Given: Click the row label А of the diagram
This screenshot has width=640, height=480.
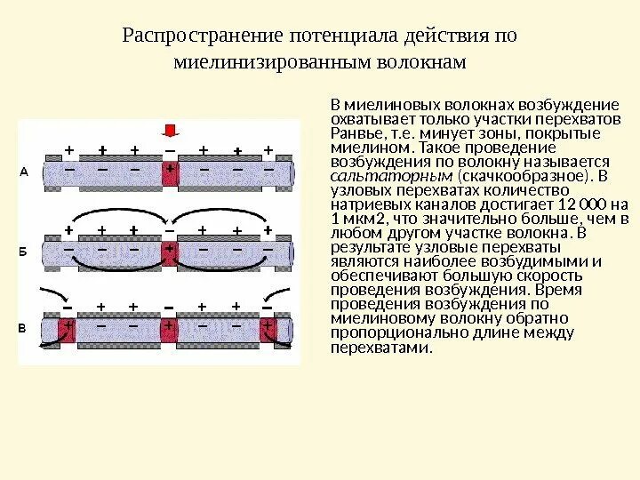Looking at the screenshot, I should (x=24, y=173).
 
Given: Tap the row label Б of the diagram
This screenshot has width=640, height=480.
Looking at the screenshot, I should (x=24, y=251).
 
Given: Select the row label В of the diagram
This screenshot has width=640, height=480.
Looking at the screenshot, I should (x=24, y=328).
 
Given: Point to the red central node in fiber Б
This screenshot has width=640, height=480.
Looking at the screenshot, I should (x=169, y=253).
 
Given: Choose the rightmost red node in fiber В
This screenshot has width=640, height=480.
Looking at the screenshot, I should (x=268, y=331).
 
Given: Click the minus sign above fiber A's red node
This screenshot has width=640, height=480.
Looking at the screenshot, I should (x=169, y=148).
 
